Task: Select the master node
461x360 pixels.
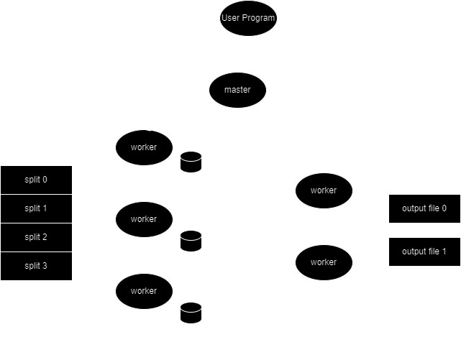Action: pos(237,90)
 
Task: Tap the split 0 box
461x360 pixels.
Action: pos(36,179)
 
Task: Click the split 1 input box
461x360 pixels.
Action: pos(36,208)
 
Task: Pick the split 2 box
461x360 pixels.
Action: pos(36,237)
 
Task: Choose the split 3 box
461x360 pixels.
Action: pos(36,266)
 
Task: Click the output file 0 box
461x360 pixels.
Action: pos(424,208)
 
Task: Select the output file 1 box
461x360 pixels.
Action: pos(424,251)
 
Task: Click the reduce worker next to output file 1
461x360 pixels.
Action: pos(323,262)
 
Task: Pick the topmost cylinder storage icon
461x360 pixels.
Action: pos(191,162)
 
